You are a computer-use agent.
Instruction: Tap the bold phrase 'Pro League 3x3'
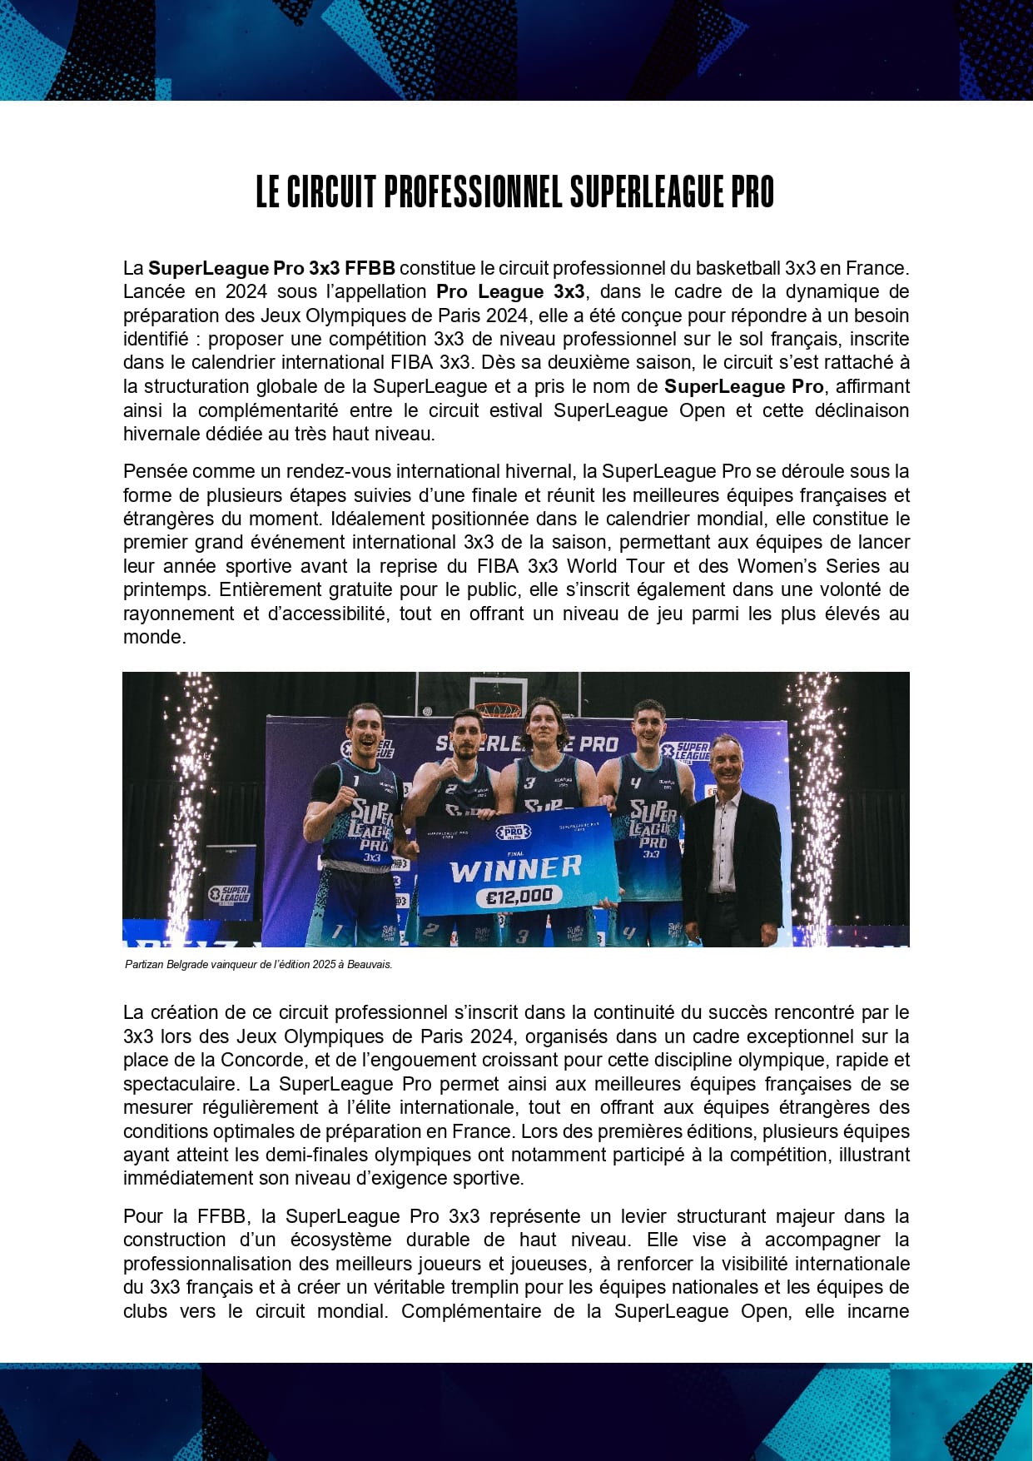click(x=510, y=292)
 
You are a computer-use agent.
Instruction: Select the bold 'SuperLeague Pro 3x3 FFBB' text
click(x=271, y=268)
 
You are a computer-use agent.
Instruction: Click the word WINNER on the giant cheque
click(x=515, y=869)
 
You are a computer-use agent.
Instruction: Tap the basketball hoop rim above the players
click(x=498, y=709)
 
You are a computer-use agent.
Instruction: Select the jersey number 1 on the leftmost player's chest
click(x=356, y=781)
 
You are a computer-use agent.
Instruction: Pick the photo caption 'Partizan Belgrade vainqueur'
click(x=258, y=965)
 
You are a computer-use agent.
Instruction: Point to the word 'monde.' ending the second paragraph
click(x=155, y=638)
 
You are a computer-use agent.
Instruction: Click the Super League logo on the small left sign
click(x=229, y=895)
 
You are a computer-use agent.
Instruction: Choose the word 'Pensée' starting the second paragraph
click(x=150, y=472)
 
